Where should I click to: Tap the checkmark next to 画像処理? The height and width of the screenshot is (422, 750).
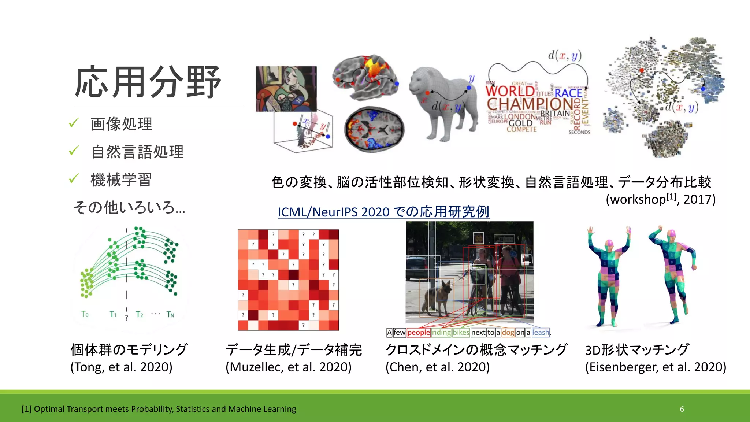[x=74, y=123]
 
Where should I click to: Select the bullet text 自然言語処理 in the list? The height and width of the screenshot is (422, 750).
[x=137, y=152]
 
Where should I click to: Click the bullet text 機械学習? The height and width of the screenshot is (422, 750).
[x=121, y=179]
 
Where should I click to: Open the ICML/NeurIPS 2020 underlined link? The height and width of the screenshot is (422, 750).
[x=383, y=212]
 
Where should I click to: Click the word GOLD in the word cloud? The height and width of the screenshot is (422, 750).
[x=520, y=123]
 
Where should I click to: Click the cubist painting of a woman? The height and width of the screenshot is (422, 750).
[x=286, y=89]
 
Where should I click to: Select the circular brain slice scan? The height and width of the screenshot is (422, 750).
[x=374, y=129]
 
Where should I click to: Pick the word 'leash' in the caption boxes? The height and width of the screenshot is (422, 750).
[x=541, y=333]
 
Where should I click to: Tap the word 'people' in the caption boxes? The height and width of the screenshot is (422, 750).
[x=419, y=333]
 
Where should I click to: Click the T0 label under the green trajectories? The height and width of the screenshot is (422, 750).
[x=85, y=314]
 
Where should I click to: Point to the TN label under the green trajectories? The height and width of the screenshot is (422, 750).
[x=170, y=314]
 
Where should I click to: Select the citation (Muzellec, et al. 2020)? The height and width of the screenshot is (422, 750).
[x=289, y=367]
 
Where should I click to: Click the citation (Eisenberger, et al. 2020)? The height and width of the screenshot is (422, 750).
[x=655, y=367]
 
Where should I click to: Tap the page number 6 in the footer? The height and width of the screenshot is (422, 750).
[x=682, y=409]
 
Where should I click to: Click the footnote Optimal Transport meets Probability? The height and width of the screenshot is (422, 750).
[x=159, y=409]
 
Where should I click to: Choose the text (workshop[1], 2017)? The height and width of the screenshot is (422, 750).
[x=660, y=199]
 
